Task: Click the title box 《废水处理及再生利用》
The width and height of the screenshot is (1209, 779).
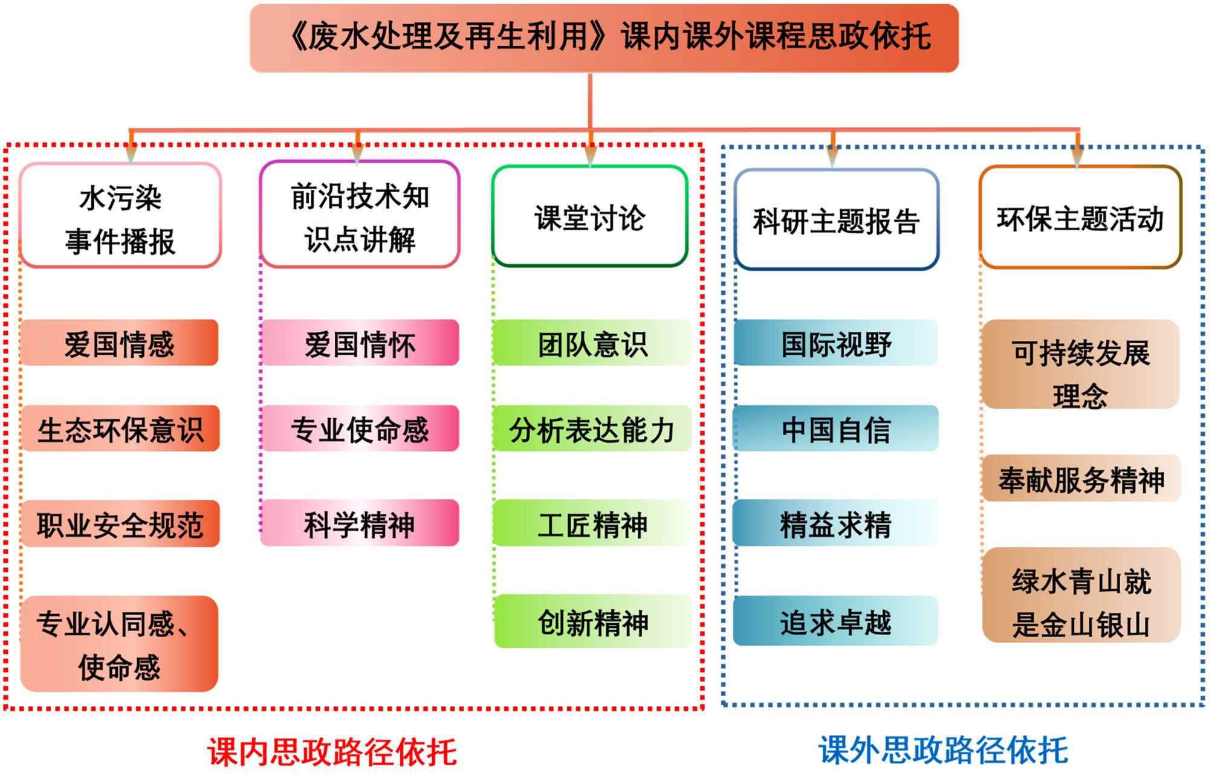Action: coord(604,37)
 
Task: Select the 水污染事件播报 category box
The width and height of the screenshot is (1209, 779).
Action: coord(120,216)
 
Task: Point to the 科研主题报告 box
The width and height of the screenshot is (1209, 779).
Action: coord(836,220)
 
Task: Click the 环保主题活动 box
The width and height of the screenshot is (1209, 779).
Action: coord(1080,218)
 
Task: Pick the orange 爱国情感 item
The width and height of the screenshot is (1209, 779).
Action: coord(119,343)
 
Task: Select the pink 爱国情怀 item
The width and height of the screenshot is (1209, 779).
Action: coord(360,343)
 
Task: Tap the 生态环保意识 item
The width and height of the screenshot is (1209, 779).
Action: coord(120,429)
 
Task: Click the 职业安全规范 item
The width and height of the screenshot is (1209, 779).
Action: coord(120,524)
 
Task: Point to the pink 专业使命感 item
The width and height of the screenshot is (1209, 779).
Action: coord(360,429)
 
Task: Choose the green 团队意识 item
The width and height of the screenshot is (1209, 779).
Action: coord(592,343)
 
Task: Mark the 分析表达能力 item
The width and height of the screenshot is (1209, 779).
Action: coord(592,429)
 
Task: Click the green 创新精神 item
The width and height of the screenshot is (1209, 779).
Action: coord(592,622)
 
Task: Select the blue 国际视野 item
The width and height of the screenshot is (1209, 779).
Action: coord(836,343)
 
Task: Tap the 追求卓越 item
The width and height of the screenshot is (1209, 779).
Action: coord(836,622)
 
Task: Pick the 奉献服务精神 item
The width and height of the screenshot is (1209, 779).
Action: coord(1081,479)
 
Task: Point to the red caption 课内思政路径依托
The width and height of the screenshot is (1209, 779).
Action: coord(332,752)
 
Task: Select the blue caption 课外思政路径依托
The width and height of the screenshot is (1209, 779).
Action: coord(943,750)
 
